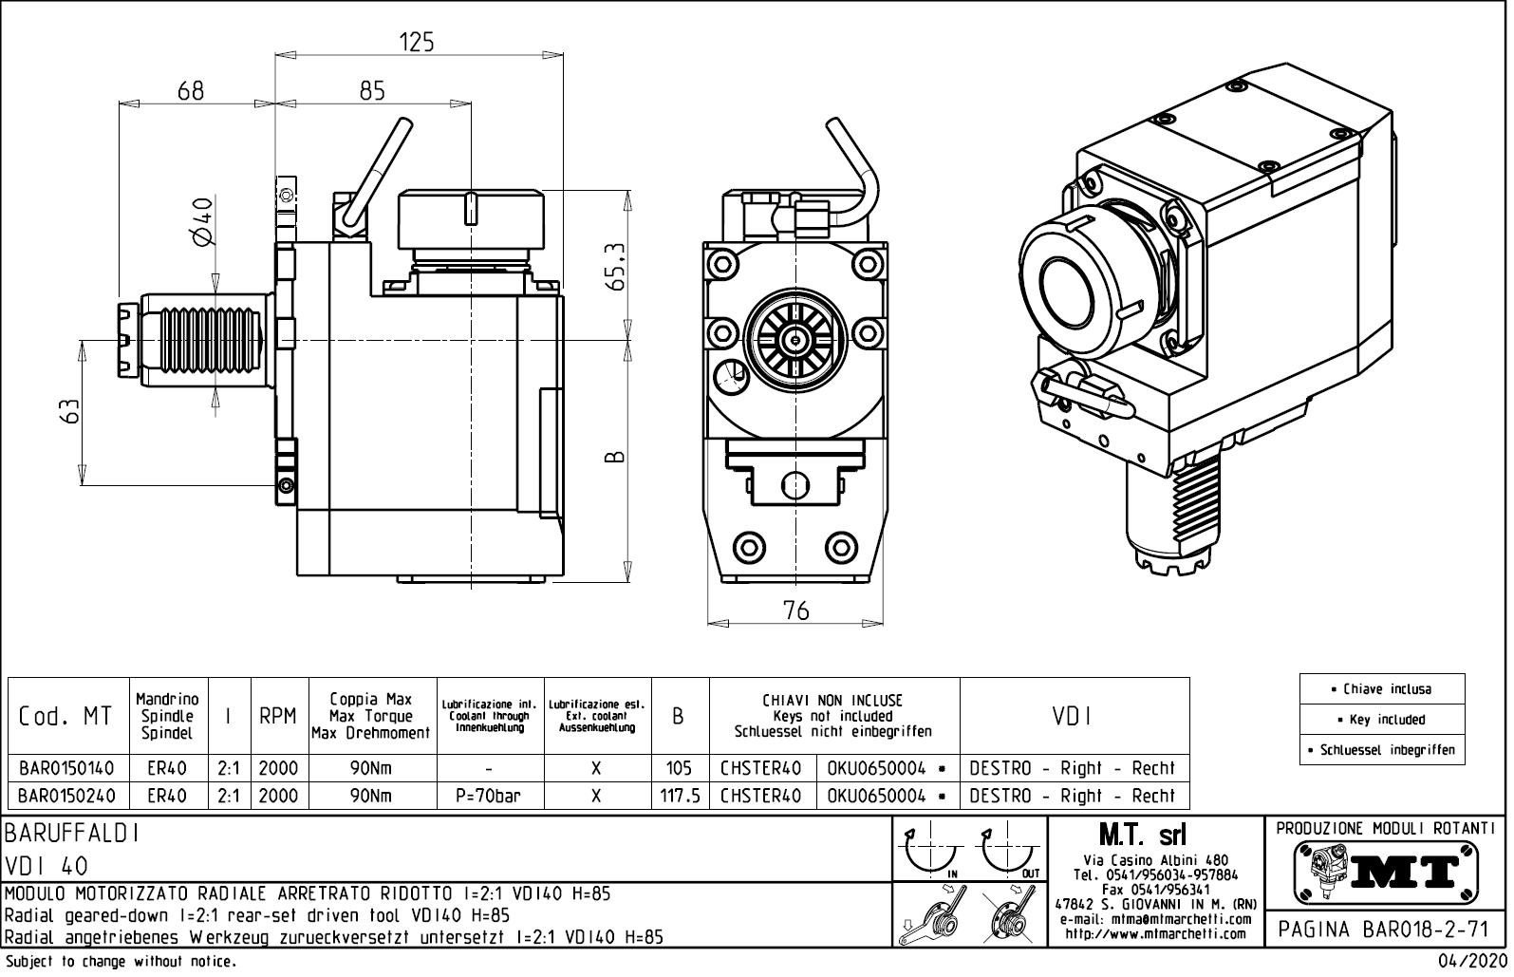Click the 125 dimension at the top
pyautogui.click(x=416, y=42)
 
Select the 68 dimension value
pyautogui.click(x=191, y=90)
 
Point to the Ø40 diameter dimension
pyautogui.click(x=202, y=221)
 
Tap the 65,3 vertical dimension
pyautogui.click(x=618, y=267)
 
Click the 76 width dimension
pyautogui.click(x=796, y=611)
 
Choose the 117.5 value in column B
pyautogui.click(x=680, y=797)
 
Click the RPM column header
pyautogui.click(x=278, y=717)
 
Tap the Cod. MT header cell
pyautogui.click(x=65, y=717)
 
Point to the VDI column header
pyautogui.click(x=1074, y=717)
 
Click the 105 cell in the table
pyautogui.click(x=680, y=768)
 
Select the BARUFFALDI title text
pyautogui.click(x=73, y=834)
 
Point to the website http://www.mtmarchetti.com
pyautogui.click(x=1155, y=934)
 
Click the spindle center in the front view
pyautogui.click(x=794, y=337)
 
